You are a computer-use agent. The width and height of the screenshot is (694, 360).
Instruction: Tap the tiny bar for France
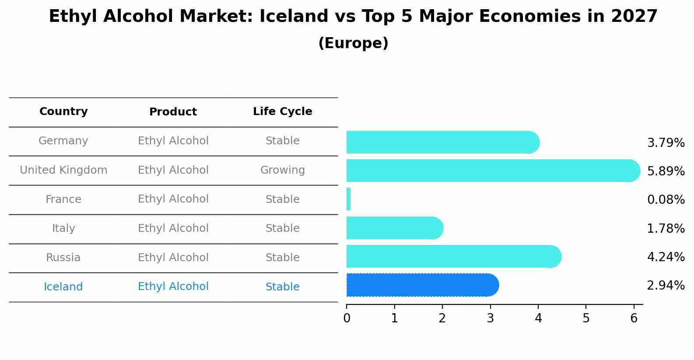(x=349, y=199)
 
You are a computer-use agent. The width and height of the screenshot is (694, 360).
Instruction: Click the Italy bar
(x=394, y=228)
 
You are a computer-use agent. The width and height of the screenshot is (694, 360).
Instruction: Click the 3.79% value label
(x=666, y=143)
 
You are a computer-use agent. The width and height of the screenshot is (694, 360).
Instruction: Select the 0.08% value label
(x=666, y=200)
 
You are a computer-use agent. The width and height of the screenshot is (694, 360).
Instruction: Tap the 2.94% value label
(x=666, y=286)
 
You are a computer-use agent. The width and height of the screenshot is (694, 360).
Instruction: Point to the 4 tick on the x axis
(x=538, y=318)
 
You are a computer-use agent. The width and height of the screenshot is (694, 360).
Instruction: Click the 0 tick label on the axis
(x=347, y=318)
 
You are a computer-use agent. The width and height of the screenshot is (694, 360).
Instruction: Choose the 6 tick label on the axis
(x=634, y=318)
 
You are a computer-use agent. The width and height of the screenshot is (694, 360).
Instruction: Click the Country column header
(x=63, y=112)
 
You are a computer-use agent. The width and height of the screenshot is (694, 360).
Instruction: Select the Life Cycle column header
(x=282, y=112)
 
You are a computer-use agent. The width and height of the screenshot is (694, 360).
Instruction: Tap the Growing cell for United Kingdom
(x=282, y=170)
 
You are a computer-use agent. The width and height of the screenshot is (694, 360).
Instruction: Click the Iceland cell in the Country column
(x=63, y=287)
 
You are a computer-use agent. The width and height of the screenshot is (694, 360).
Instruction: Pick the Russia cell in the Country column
(x=63, y=258)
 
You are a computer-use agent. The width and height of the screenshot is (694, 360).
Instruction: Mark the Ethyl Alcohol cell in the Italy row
(x=173, y=228)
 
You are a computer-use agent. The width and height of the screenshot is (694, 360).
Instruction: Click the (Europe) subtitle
(x=353, y=43)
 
